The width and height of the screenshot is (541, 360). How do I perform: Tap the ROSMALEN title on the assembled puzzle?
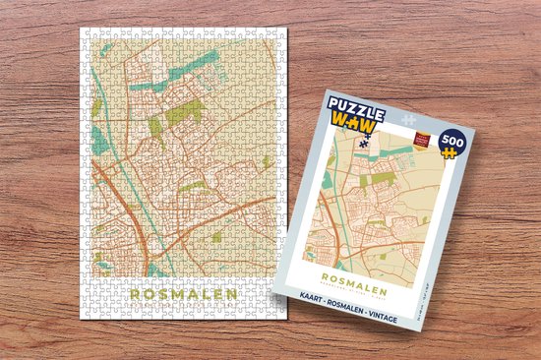(x=183, y=293)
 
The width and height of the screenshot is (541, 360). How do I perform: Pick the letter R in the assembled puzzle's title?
(x=135, y=293)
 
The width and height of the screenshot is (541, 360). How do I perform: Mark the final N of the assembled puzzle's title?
(x=231, y=293)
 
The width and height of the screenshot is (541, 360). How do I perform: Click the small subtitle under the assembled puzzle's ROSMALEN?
(x=183, y=305)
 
